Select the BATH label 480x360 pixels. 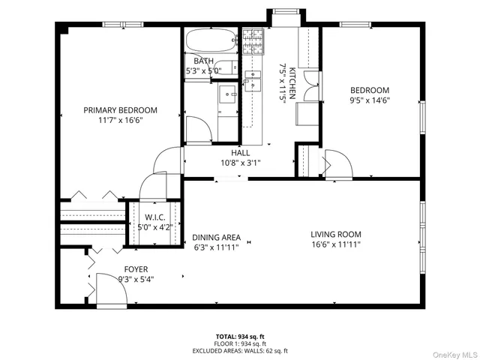[x=203, y=61]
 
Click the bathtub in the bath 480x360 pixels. [x=210, y=40]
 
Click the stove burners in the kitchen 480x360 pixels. [x=253, y=34]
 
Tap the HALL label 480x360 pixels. [x=240, y=153]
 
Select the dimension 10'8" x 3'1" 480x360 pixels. [x=240, y=163]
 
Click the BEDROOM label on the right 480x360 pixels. [x=370, y=90]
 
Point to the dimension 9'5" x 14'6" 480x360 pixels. [x=370, y=100]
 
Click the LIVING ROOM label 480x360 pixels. [x=336, y=234]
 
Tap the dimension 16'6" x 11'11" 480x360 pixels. [x=336, y=244]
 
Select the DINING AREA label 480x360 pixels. [x=215, y=236]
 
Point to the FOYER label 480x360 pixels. [x=136, y=269]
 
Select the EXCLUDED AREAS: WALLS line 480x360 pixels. [x=240, y=351]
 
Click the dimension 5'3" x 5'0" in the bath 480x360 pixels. [x=203, y=71]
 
